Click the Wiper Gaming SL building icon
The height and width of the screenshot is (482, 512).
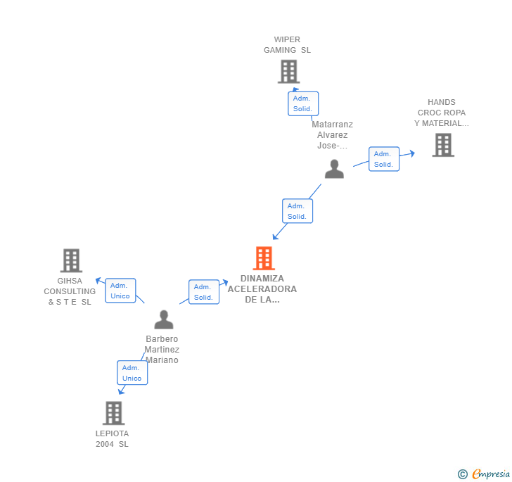[288, 71]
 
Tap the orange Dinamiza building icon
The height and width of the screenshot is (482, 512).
[264, 258]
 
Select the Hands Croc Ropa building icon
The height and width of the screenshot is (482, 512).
[442, 145]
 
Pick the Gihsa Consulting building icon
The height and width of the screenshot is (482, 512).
[71, 260]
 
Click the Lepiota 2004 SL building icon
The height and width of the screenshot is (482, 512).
[113, 413]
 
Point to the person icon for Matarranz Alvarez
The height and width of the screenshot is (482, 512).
[334, 169]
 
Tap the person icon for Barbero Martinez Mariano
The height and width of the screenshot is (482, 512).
[164, 319]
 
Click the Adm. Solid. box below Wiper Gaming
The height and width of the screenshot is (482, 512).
[303, 103]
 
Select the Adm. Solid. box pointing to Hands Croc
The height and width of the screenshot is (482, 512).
[383, 159]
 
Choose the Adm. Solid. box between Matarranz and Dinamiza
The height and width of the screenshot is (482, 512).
[297, 211]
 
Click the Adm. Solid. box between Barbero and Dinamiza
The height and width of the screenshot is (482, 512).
[203, 292]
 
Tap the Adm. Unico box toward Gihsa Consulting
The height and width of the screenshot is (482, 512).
[120, 291]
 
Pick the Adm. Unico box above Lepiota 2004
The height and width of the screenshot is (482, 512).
[132, 373]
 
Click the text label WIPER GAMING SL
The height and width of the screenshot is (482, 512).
[287, 45]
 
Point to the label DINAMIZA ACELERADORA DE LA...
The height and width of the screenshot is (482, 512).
[262, 288]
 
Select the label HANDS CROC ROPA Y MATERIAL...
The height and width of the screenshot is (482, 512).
[442, 113]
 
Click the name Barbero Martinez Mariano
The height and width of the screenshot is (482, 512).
[162, 350]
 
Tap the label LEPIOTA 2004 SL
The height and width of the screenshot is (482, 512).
[113, 438]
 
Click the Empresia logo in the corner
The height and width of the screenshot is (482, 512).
[485, 474]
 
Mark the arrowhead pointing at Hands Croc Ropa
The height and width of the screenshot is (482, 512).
[411, 152]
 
